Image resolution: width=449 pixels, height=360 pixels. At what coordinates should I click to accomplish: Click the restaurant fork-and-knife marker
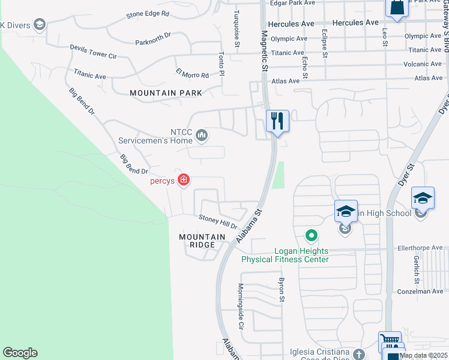(277, 121)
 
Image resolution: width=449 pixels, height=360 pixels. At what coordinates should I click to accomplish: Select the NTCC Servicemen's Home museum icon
(202, 136)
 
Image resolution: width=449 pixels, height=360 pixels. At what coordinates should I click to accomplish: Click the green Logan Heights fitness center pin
(311, 235)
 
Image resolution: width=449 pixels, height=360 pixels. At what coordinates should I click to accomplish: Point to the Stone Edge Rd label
(148, 13)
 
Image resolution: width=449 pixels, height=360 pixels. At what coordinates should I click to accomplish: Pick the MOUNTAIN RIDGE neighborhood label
(202, 241)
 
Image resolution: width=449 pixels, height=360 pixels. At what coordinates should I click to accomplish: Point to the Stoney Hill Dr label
(218, 223)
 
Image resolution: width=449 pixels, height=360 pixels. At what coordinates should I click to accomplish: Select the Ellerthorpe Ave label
(420, 247)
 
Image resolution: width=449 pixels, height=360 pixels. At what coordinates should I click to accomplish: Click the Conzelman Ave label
(420, 292)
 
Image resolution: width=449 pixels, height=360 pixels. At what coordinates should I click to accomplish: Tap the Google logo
(20, 353)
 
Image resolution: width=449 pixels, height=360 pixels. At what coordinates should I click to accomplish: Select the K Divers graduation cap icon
(40, 25)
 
